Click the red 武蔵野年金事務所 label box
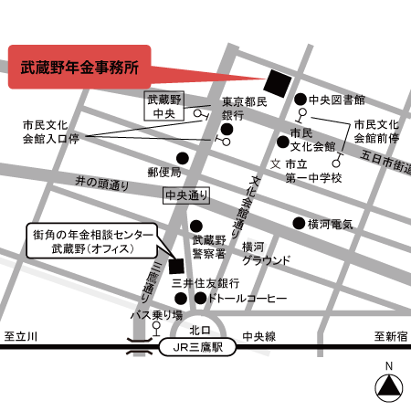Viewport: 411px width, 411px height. [78, 67]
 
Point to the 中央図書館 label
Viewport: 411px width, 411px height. [337, 99]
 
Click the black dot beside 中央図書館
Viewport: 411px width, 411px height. [300, 99]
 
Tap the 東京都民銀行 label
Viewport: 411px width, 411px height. [244, 110]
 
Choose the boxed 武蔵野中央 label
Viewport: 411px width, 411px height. [165, 106]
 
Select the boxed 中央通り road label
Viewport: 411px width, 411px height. [186, 195]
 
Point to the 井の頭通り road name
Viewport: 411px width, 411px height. [102, 183]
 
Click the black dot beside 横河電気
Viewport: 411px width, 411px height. [298, 223]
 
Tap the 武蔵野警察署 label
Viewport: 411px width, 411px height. [208, 246]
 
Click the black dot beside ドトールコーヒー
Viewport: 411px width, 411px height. [200, 299]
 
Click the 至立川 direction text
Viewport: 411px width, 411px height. [21, 336]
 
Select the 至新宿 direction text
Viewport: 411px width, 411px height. [389, 336]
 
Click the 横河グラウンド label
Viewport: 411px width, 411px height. [267, 253]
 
